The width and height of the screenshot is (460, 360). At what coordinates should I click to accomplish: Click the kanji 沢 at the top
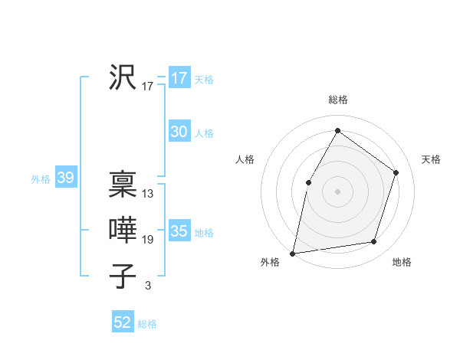pos(123,77)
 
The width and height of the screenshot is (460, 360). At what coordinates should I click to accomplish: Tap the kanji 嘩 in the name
pos(123,231)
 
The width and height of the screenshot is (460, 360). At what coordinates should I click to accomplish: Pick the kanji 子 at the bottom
pos(123,277)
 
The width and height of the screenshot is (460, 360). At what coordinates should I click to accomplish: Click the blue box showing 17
pos(179,78)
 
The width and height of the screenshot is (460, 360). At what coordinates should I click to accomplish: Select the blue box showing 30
pos(179,132)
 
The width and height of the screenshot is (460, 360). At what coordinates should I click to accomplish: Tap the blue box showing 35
pos(179,231)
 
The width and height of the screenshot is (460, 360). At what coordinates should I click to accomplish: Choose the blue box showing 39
pos(65,178)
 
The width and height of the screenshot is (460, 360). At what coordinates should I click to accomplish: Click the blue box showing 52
pos(123,322)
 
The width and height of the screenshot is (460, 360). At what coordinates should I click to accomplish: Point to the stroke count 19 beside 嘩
pos(148,240)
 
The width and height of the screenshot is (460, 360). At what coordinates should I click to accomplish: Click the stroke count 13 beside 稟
pos(148,194)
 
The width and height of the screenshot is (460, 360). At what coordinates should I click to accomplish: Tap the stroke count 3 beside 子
pos(148,286)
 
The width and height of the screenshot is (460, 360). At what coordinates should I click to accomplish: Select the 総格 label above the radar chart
pos(338,100)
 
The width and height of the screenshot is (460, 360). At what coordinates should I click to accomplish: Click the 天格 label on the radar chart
pos(431,159)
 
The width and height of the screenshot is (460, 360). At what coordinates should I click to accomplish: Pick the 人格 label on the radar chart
pos(245,159)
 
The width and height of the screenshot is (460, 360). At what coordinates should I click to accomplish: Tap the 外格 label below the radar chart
pos(270,262)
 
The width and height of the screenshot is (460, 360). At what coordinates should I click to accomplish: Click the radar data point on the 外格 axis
pos(293,253)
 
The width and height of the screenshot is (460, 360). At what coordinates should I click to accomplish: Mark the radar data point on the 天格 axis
pos(396,172)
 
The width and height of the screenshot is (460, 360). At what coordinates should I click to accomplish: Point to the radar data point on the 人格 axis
pos(309,182)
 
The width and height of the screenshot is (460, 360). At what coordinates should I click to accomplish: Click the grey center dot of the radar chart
pos(338,191)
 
